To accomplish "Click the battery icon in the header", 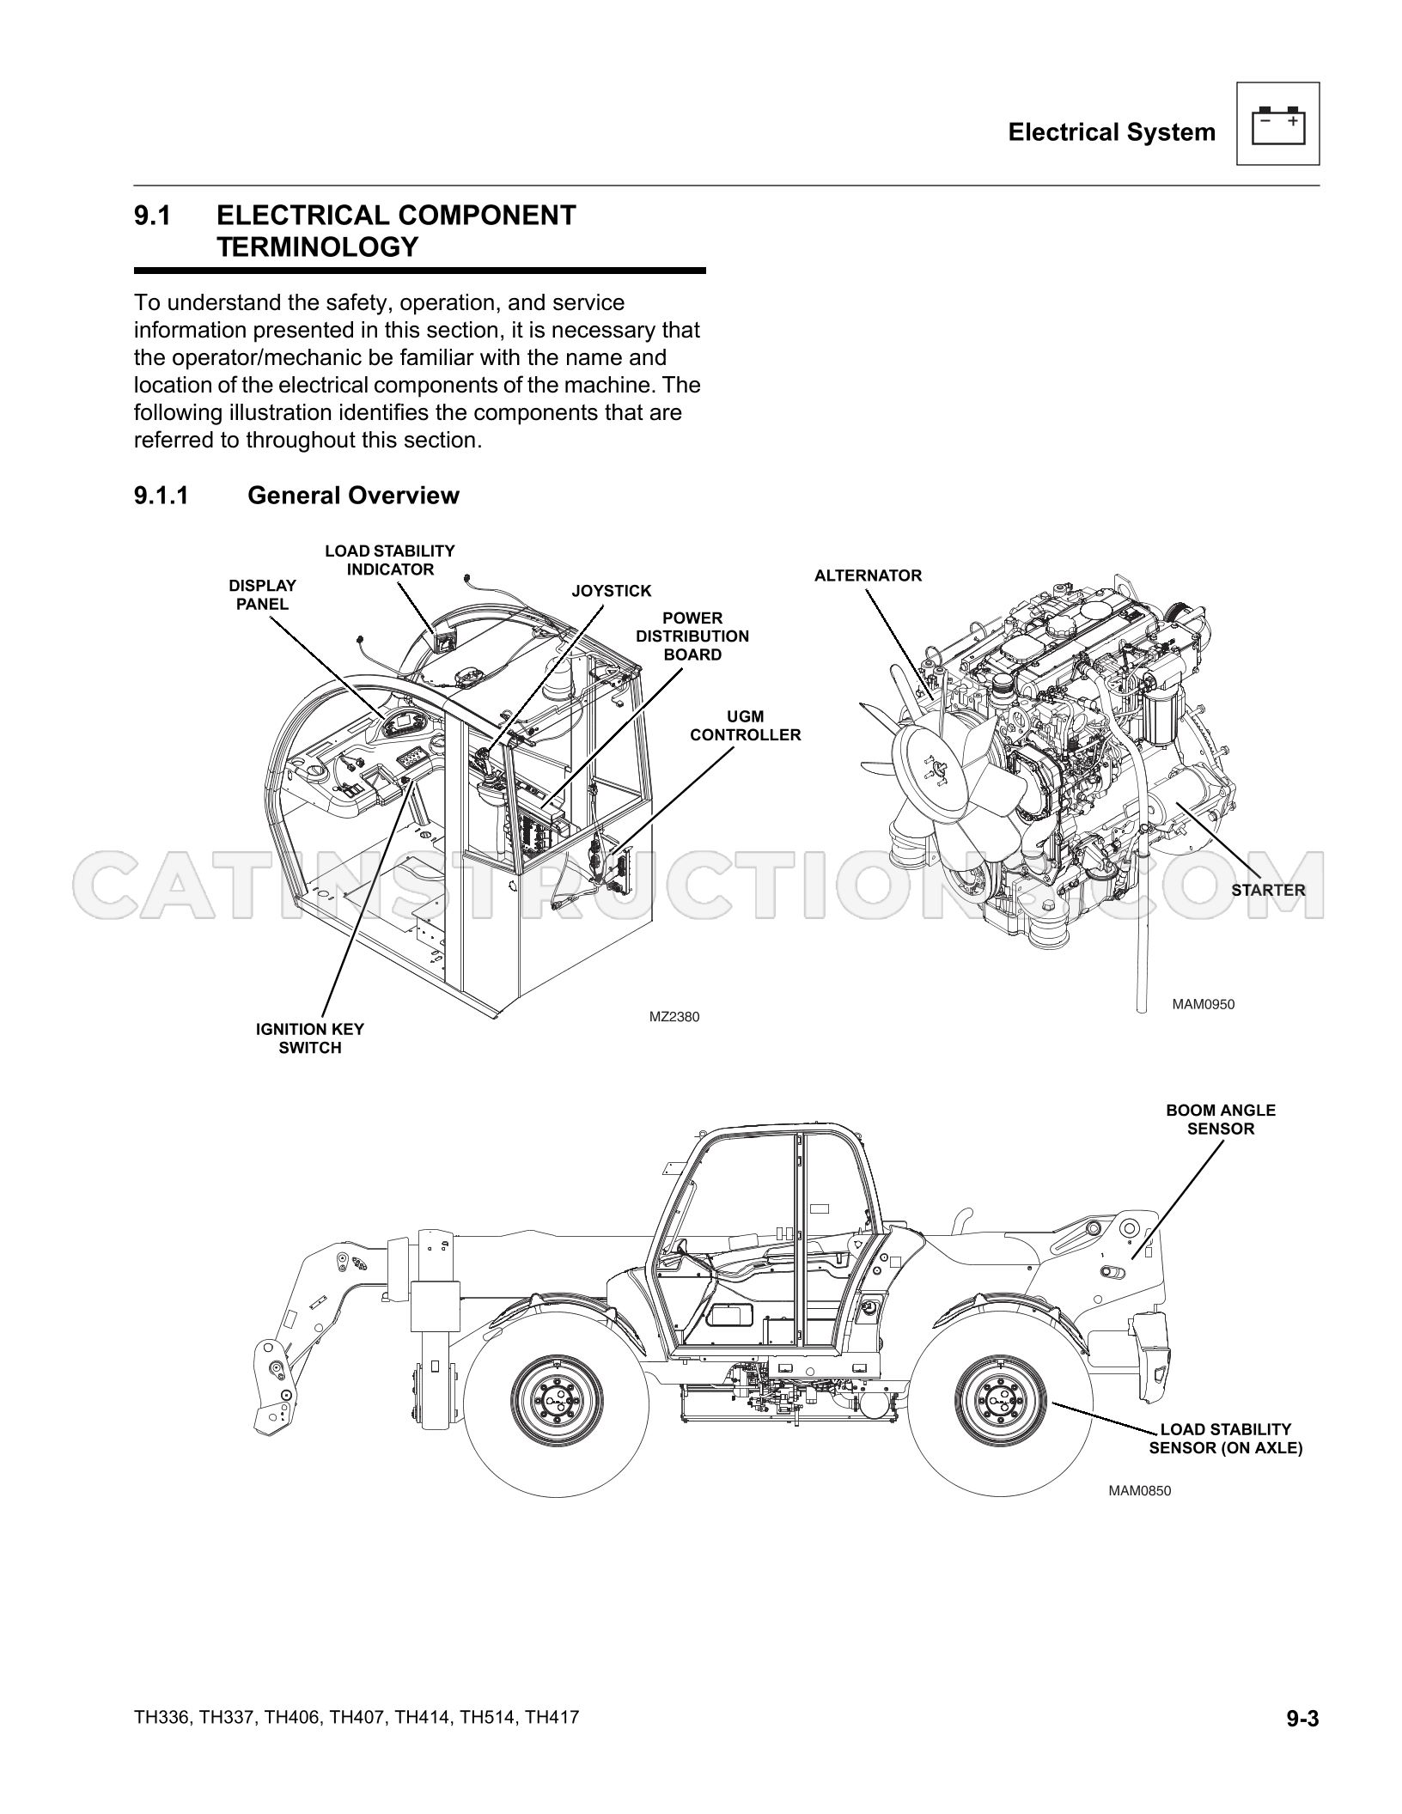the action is click(x=1277, y=125).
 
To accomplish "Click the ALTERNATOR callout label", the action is click(x=868, y=575).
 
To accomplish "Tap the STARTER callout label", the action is click(x=1268, y=890).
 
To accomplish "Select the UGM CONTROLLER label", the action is click(x=746, y=726).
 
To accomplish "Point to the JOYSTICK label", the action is click(x=612, y=591).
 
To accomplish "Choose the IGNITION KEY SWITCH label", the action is click(x=310, y=1038).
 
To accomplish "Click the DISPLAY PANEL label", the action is click(x=263, y=594).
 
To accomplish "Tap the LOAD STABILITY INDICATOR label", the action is click(x=390, y=560).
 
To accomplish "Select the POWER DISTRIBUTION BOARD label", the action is click(x=692, y=636).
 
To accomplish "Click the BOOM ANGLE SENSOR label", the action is click(x=1221, y=1119).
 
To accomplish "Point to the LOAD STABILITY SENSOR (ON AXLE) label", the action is click(x=1226, y=1439).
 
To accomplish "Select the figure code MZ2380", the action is click(x=674, y=1017).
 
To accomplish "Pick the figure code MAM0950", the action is click(x=1204, y=1003).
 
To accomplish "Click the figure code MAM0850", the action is click(x=1140, y=1490).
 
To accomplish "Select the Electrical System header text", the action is click(x=1112, y=132).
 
